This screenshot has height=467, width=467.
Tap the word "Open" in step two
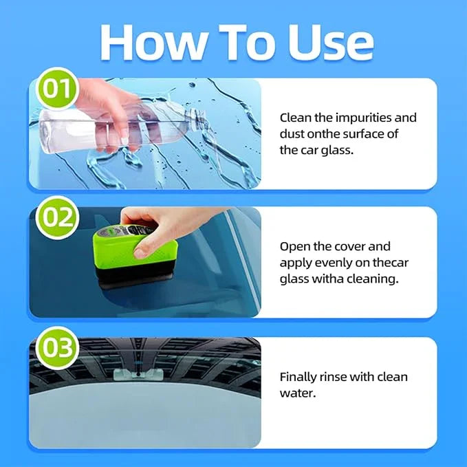click(x=294, y=246)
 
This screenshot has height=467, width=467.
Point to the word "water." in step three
click(x=296, y=393)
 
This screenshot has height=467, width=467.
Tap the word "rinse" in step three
click(x=336, y=377)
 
